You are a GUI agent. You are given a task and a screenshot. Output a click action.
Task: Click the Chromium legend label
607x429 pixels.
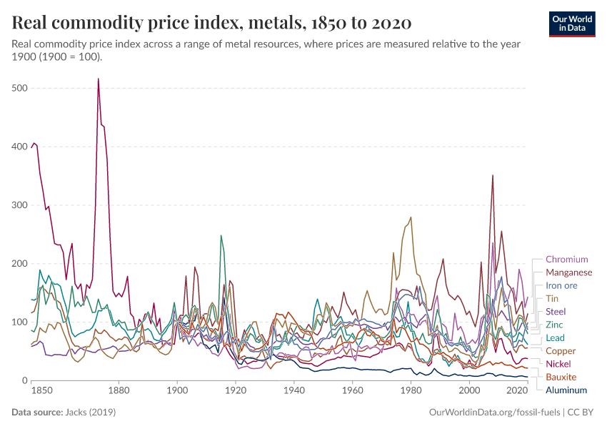(x=566, y=260)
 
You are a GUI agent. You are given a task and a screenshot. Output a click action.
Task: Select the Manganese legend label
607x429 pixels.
(x=568, y=272)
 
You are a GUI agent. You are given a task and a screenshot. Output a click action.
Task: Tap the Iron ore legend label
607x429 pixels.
(x=561, y=285)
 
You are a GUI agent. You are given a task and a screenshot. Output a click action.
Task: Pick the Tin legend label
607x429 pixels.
(x=552, y=299)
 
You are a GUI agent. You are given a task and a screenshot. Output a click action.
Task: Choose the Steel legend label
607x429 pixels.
(x=556, y=312)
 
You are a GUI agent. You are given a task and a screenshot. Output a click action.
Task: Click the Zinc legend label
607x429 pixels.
(x=555, y=325)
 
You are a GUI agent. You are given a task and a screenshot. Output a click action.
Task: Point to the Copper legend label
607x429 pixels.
(x=561, y=351)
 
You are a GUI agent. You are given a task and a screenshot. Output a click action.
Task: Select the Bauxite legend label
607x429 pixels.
(x=561, y=377)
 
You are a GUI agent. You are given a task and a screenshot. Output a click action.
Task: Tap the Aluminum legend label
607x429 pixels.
(x=566, y=390)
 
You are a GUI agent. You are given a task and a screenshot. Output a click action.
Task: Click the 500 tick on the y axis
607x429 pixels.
(x=19, y=88)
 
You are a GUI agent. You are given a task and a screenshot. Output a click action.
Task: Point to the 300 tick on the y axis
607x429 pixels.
(x=19, y=205)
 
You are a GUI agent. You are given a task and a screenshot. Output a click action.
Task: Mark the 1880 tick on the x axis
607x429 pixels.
(x=119, y=391)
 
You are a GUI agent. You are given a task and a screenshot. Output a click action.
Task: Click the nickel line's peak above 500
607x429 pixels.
(x=98, y=79)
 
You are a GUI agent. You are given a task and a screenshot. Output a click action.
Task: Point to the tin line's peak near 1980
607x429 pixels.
(x=411, y=217)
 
